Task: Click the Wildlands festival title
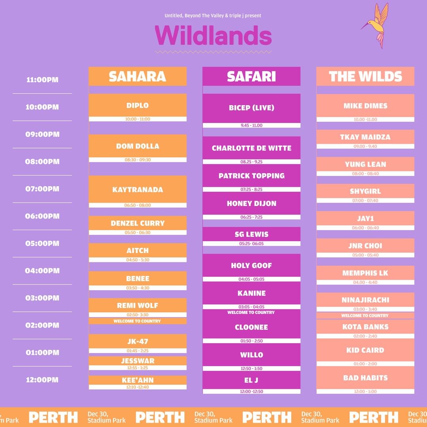click(213, 36)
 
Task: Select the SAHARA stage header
click(138, 76)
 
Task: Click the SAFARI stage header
click(251, 76)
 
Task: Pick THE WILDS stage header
click(365, 76)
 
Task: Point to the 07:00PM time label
click(42, 189)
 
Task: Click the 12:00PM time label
click(42, 380)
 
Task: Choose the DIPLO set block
click(138, 108)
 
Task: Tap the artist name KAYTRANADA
click(138, 189)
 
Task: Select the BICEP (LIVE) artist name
click(251, 108)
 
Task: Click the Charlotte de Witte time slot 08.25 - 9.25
click(251, 162)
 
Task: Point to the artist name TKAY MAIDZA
click(365, 137)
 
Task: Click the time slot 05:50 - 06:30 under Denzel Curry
click(138, 232)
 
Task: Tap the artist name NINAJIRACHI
click(365, 300)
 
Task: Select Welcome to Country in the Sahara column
click(137, 321)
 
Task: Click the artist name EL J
click(251, 380)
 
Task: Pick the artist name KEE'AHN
click(138, 380)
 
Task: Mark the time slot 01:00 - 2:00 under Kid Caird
click(365, 364)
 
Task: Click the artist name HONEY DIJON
click(251, 204)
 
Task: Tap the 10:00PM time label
click(42, 107)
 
